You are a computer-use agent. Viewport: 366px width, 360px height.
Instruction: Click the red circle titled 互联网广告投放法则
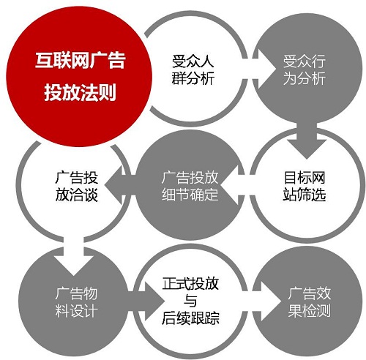79,76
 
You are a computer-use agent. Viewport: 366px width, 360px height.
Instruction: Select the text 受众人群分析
193,70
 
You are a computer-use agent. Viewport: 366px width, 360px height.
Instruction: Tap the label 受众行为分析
305,70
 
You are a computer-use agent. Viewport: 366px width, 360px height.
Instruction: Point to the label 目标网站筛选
305,186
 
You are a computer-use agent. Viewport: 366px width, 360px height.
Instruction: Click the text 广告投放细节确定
190,186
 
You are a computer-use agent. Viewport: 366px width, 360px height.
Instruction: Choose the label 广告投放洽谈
77,186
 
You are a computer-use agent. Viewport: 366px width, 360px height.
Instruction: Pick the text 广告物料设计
76,302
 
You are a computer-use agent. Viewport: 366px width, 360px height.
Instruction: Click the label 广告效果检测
310,302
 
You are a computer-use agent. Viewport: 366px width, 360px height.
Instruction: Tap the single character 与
190,301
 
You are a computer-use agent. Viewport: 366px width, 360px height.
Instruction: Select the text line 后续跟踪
190,318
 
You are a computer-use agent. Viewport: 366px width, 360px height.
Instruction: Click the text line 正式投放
190,283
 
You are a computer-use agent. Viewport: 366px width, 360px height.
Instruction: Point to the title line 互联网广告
81,60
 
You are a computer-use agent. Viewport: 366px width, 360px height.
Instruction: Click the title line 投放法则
80,92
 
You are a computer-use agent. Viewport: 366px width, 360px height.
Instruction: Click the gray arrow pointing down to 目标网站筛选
307,140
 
